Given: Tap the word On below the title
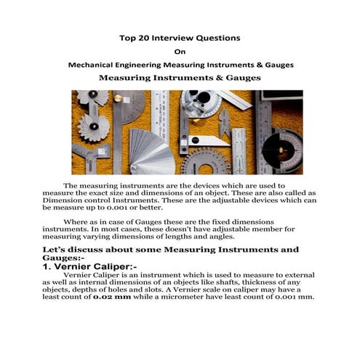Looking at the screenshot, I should [180, 51].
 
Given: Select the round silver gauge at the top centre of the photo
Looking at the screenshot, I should [197, 103].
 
